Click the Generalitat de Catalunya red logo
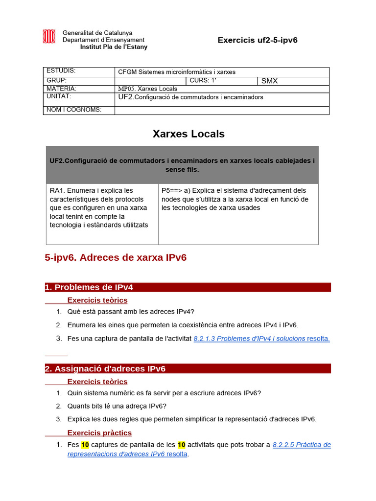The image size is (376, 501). tap(49, 37)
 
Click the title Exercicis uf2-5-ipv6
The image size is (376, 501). tap(258, 40)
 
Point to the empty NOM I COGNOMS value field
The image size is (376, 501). tap(222, 110)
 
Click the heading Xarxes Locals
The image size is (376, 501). tap(188, 134)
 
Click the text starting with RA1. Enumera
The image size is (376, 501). tap(98, 207)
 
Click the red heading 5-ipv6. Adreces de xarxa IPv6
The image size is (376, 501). tap(116, 257)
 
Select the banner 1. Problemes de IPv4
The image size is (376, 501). tap(188, 287)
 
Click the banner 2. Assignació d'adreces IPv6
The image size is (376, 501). tap(188, 368)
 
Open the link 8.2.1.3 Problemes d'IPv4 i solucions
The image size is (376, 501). tap(249, 339)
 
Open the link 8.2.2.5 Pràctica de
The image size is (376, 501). tap(301, 445)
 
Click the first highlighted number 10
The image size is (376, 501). tap(85, 445)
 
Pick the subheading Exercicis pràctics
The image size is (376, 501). tap(99, 433)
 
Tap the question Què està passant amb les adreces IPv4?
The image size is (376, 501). tap(131, 312)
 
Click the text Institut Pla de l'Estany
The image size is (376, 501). tap(114, 47)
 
